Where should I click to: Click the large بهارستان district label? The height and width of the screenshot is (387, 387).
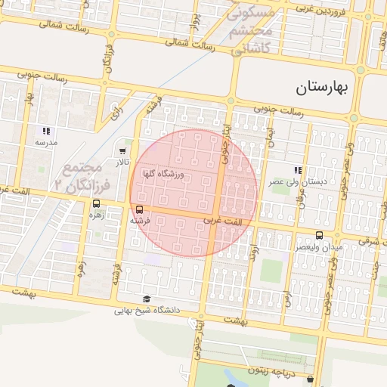click(x=320, y=87)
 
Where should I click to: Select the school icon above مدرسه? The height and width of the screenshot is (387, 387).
click(x=46, y=130)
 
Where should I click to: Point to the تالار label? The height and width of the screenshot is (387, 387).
click(x=122, y=163)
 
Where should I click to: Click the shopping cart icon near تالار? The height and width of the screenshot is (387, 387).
click(x=122, y=151)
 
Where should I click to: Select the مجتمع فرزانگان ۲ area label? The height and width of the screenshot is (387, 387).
click(x=82, y=176)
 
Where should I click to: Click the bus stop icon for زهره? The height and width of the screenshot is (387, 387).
click(x=96, y=203)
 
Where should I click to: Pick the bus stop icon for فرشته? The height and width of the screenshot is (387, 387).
click(x=139, y=209)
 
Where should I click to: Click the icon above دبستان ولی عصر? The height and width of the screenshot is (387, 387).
click(x=298, y=171)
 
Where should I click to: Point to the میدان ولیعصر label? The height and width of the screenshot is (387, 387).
click(x=319, y=246)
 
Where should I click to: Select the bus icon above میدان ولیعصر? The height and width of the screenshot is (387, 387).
click(x=319, y=235)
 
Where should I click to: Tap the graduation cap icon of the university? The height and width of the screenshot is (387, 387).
click(x=146, y=298)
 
